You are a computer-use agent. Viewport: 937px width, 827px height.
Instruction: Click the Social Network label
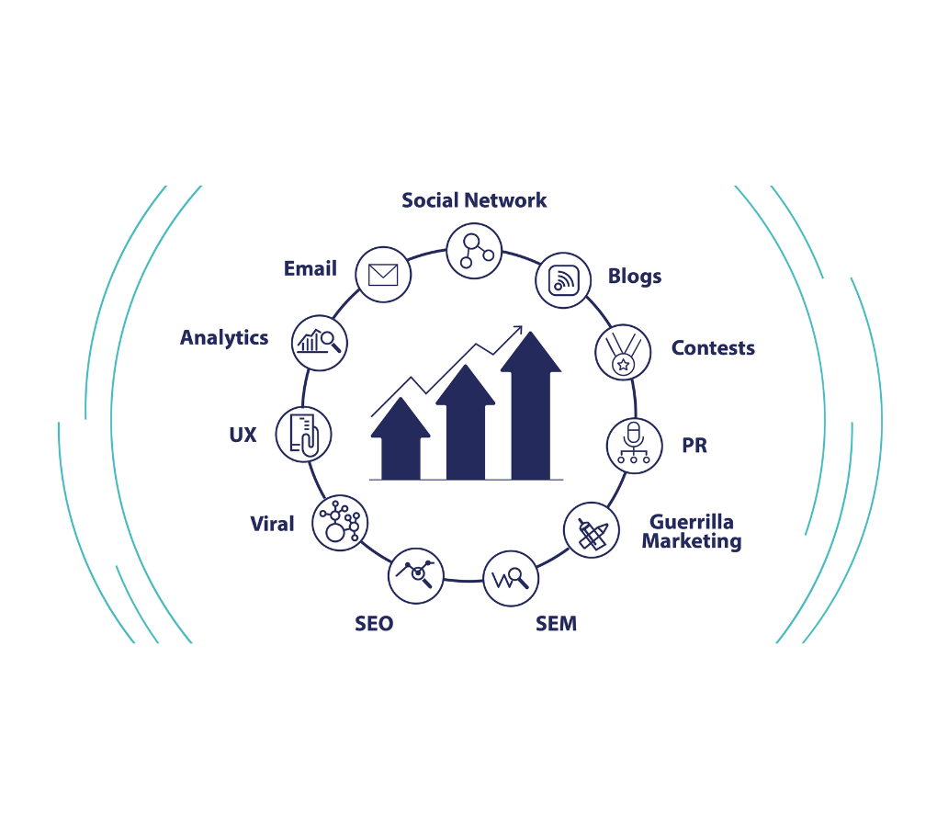click(x=474, y=200)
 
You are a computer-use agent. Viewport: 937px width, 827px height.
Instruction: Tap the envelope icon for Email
click(x=382, y=274)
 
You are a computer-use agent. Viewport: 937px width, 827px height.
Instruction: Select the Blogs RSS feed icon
click(x=563, y=279)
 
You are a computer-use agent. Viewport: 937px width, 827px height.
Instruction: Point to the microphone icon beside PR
click(x=634, y=446)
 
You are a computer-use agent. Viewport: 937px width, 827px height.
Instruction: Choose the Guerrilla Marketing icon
click(x=591, y=530)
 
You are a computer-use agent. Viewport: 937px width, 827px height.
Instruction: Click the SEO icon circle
click(x=417, y=574)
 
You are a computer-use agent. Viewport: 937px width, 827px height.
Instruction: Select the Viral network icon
click(x=340, y=523)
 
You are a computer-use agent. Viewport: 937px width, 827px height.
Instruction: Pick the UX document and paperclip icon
click(x=303, y=435)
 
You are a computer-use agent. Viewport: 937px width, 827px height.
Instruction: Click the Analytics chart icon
click(x=320, y=342)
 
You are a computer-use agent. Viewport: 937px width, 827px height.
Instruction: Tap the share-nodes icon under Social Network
click(x=474, y=250)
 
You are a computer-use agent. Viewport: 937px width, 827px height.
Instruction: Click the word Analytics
click(x=224, y=338)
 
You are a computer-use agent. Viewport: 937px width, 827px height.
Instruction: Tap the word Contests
click(x=713, y=348)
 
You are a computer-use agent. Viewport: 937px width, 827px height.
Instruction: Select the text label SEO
click(x=374, y=624)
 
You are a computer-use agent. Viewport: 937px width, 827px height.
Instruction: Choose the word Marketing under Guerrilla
click(x=692, y=541)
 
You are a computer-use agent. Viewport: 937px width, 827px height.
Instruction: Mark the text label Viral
click(x=273, y=525)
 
